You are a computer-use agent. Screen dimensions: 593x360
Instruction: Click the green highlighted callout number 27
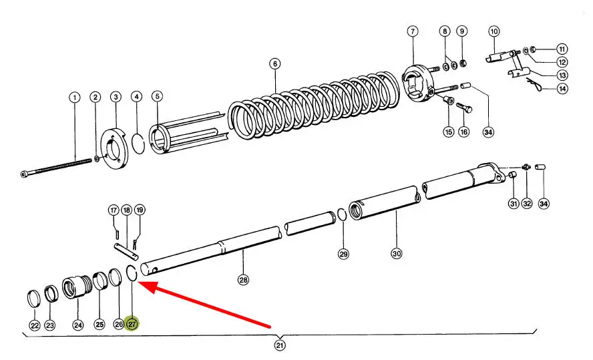(132, 324)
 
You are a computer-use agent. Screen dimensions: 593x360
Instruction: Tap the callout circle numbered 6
(275, 63)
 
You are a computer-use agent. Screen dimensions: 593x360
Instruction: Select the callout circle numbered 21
(280, 345)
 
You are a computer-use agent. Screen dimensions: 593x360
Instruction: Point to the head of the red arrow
(139, 282)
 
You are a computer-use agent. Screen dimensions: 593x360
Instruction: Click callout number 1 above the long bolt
(75, 98)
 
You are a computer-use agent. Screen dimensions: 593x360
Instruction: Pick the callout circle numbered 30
(397, 253)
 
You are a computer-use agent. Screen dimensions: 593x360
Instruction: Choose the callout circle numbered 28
(243, 280)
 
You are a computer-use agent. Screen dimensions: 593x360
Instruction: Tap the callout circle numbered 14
(563, 89)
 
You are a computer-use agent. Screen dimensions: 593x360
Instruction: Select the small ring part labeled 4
(138, 144)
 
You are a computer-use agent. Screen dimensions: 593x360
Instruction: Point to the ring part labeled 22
(34, 299)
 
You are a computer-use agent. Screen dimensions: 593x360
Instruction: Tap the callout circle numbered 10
(494, 31)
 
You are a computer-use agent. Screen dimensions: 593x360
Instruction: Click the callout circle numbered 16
(463, 132)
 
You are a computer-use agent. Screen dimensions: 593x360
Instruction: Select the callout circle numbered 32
(527, 204)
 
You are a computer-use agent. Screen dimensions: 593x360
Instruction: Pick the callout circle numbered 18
(127, 210)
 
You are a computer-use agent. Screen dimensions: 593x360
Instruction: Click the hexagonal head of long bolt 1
(23, 174)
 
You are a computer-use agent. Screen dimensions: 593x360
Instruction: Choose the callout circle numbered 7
(413, 31)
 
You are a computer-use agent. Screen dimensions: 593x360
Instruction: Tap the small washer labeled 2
(96, 158)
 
